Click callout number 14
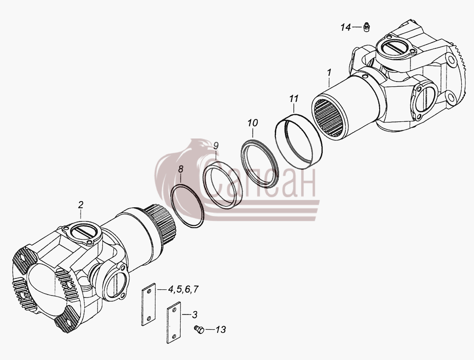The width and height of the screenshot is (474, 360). [x=346, y=28]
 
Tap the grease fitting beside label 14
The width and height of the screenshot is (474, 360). [x=366, y=27]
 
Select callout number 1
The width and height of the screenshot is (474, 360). [x=329, y=73]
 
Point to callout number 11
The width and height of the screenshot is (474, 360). [x=293, y=99]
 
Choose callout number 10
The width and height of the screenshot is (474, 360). [x=253, y=123]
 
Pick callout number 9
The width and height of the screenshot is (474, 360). [x=216, y=146]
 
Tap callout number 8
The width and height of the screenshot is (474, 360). [x=181, y=169]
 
